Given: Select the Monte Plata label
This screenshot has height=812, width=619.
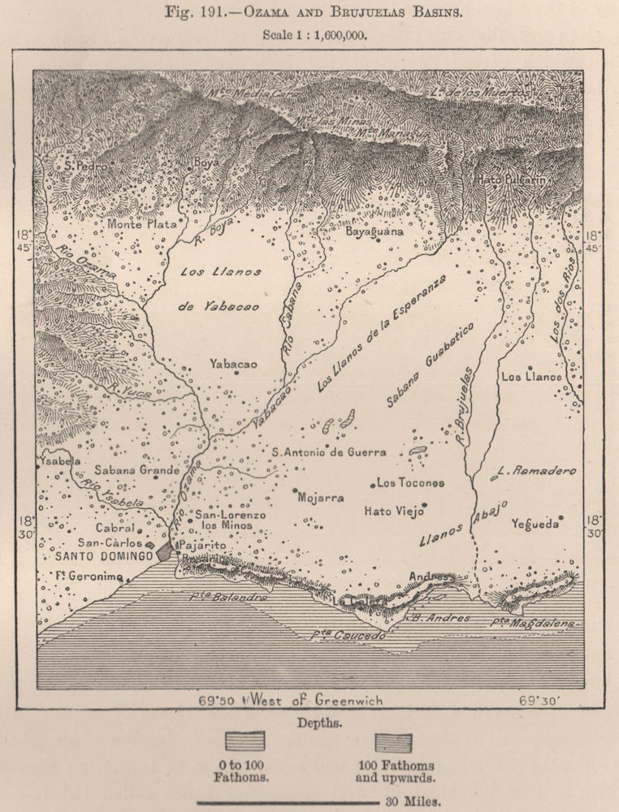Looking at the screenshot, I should click(x=141, y=223).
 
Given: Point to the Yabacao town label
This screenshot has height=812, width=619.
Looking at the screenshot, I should click(x=232, y=364).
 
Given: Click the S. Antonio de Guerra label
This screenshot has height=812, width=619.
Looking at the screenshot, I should click(x=329, y=452).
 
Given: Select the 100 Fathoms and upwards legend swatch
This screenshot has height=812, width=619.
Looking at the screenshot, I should click(x=393, y=742).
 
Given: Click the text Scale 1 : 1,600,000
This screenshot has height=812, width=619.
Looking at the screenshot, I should click(x=309, y=35).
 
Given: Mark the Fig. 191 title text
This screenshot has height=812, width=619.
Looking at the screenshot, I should click(x=309, y=14).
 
